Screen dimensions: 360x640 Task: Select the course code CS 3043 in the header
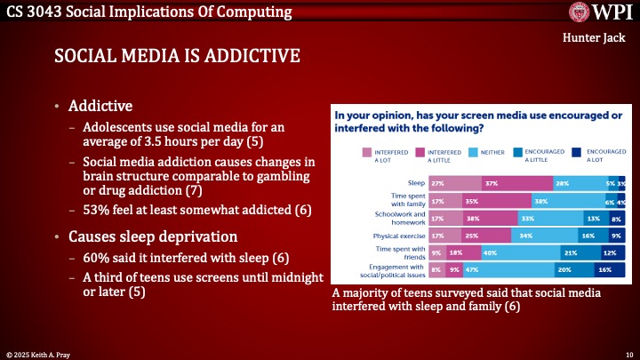point(35,12)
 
